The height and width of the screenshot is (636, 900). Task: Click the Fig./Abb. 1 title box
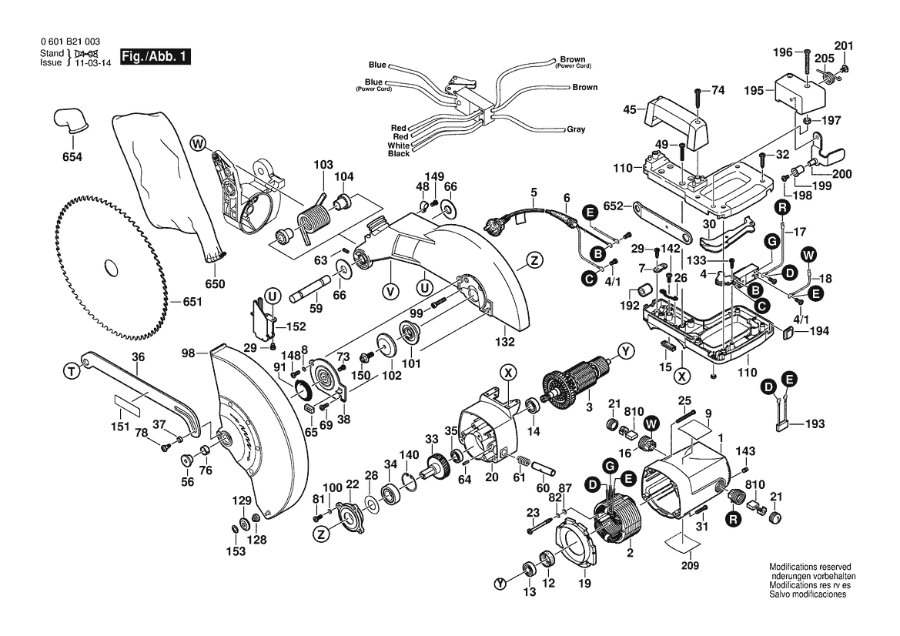point(155,58)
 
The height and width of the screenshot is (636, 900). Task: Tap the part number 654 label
point(72,157)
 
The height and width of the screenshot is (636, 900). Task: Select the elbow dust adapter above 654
point(71,121)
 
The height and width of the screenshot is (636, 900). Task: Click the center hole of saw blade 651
point(112,266)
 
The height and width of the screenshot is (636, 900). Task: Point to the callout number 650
point(216,284)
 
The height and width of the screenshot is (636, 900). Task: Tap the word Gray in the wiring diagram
point(577,129)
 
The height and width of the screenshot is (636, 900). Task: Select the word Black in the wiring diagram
point(399,154)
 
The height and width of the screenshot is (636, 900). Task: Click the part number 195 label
point(754,91)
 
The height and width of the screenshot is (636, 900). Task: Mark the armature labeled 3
point(574,383)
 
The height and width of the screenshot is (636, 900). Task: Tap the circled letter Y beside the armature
point(625,352)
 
